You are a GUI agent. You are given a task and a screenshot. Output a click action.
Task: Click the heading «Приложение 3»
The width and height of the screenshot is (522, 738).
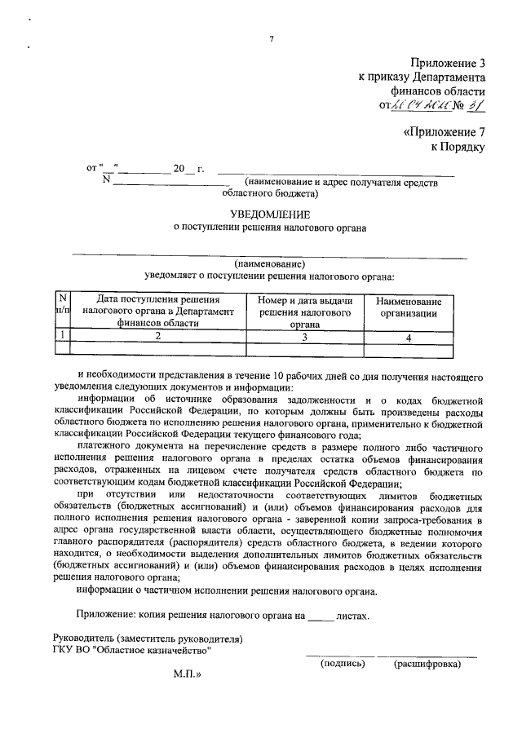click(x=444, y=62)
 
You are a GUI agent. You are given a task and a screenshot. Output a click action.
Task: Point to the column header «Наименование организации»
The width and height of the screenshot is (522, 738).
click(x=414, y=307)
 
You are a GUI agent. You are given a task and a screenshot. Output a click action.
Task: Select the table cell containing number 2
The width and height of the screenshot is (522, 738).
click(x=158, y=335)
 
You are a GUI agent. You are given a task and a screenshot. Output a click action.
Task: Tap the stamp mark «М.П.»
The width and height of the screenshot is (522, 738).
click(x=187, y=675)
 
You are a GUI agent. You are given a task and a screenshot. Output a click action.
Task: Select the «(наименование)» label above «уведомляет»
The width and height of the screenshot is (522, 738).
click(x=269, y=264)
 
